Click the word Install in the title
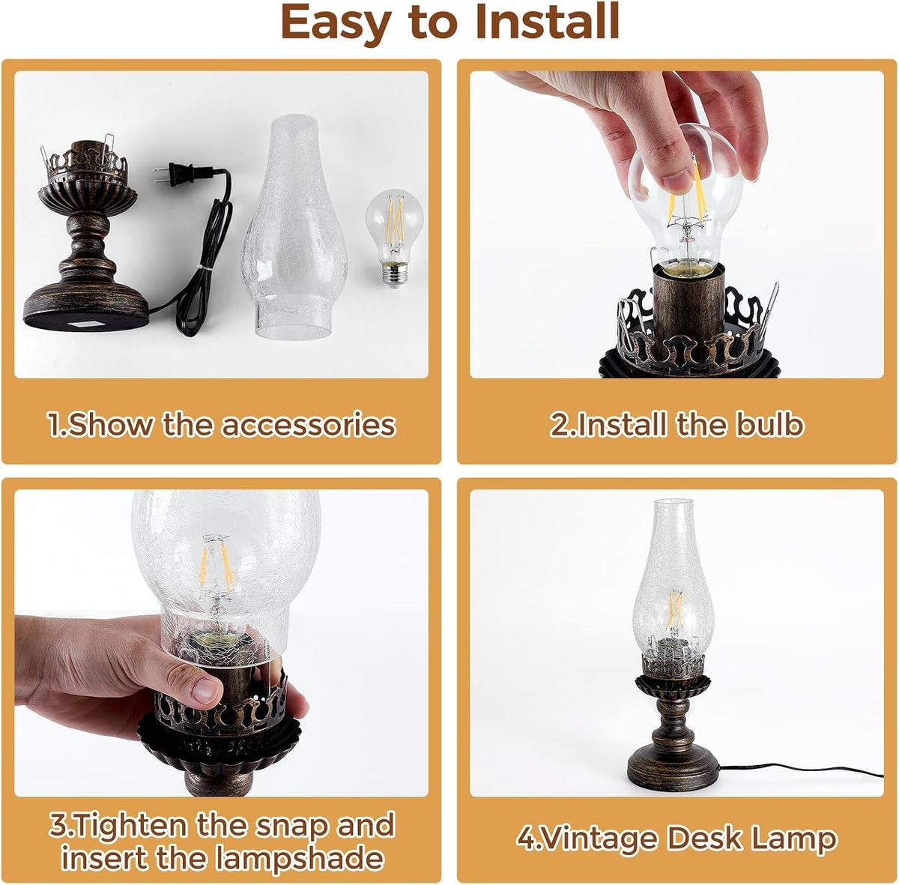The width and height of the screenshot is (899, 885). (547, 22)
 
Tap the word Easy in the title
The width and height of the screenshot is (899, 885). (336, 24)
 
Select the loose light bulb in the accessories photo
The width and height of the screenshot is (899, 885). (395, 238)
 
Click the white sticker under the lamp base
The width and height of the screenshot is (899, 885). (85, 323)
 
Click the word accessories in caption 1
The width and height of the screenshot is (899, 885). (308, 426)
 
